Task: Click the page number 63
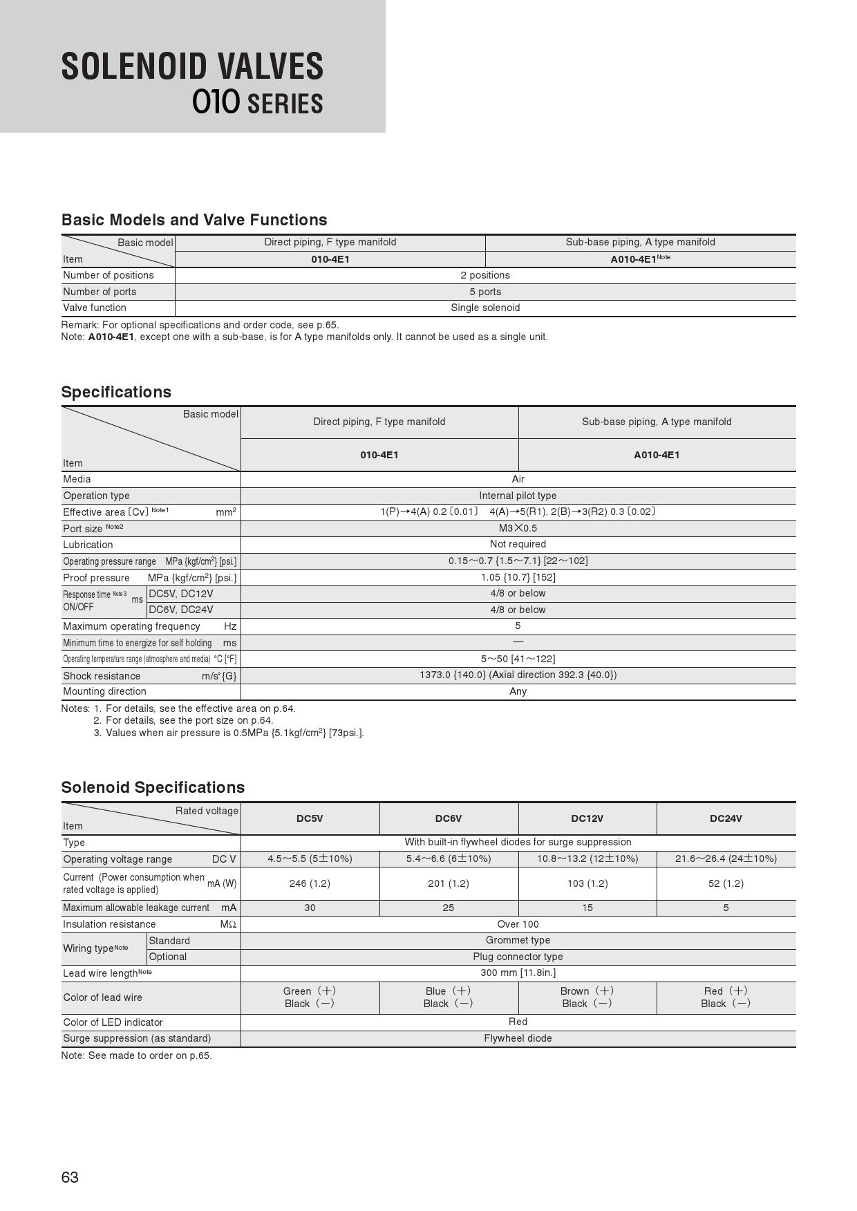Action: coord(70,1177)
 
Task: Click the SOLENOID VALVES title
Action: coord(192,67)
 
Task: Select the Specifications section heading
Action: coord(116,392)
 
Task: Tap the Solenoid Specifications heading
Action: coord(153,787)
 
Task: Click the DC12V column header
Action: coord(587,818)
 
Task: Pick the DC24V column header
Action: coord(726,818)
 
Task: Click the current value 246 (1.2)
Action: coord(310,883)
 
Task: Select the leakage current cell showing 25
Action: coord(449,908)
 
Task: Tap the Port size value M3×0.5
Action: coord(518,528)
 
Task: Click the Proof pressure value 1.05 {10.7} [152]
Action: coord(518,577)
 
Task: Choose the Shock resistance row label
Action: coord(102,676)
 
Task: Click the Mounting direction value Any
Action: coord(518,691)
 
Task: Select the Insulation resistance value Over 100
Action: coord(518,924)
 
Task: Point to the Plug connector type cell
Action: coord(518,957)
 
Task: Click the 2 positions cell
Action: coord(485,275)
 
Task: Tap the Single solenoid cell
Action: coord(485,308)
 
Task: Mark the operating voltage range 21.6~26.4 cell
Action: coord(726,858)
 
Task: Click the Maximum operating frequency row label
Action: coord(131,626)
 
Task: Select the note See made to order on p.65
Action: coord(136,1055)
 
